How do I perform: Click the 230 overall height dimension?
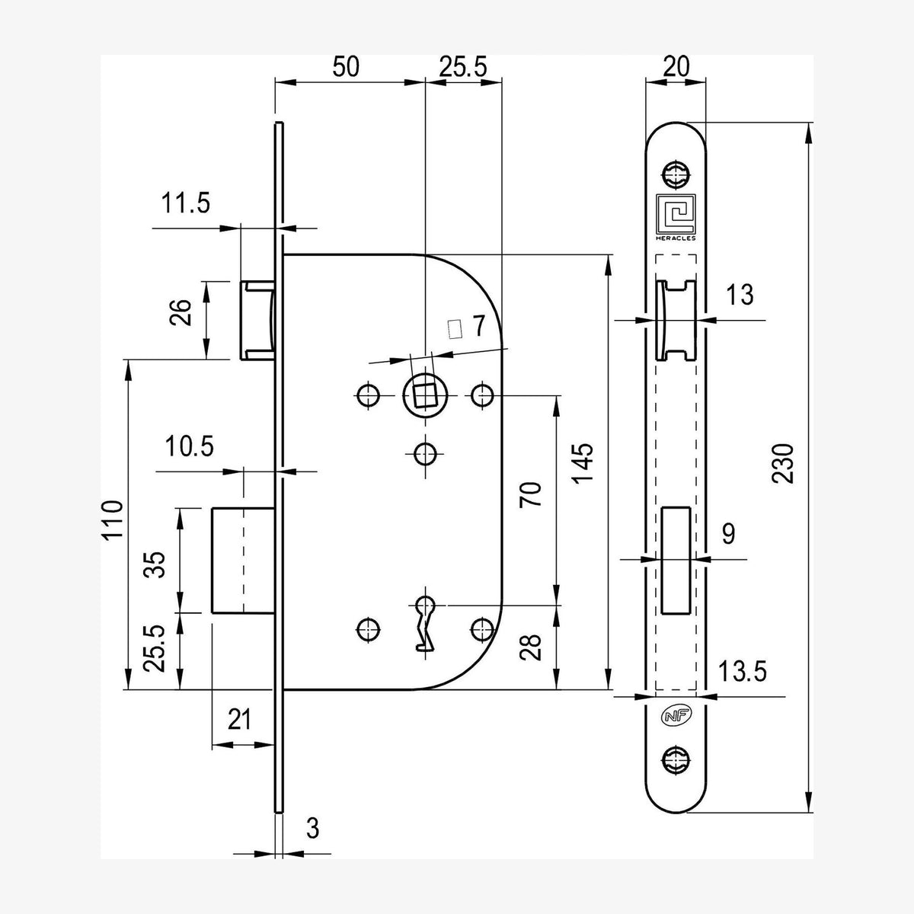coord(782,463)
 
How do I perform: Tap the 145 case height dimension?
coord(583,463)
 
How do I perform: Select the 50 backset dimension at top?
coord(346,66)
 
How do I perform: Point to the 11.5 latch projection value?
coord(185,203)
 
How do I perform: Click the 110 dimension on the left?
coord(113,519)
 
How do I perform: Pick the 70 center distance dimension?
coord(530,495)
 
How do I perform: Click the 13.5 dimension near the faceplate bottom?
coord(743,671)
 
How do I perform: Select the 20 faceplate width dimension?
coord(676,66)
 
